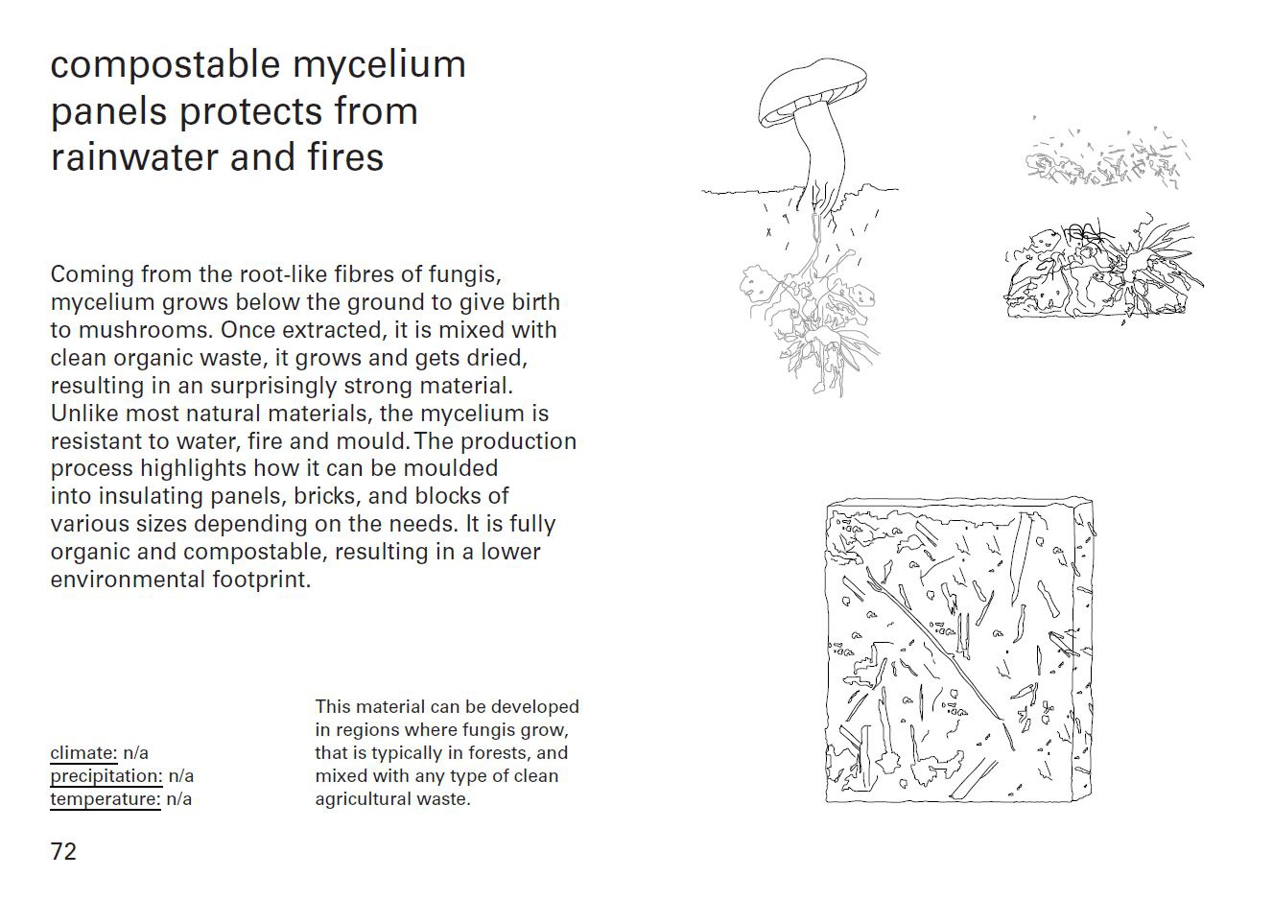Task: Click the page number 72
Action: coord(63,852)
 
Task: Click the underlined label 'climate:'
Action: coord(83,753)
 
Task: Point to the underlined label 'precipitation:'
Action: coord(106,776)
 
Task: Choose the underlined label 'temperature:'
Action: coord(106,799)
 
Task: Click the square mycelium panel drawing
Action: coord(959,651)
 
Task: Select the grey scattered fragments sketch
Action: coord(1107,156)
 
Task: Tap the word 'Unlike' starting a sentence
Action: coord(84,414)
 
